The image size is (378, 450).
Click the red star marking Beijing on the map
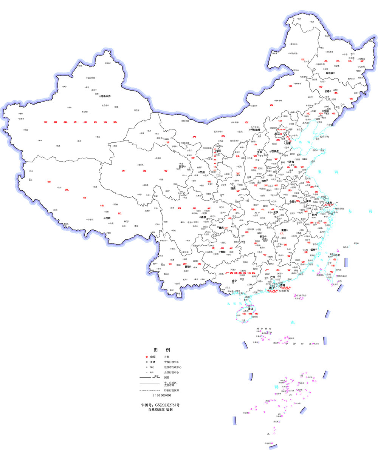281,133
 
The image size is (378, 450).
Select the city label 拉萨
108,218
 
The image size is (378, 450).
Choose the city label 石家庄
275,151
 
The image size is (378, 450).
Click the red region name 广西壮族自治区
240,273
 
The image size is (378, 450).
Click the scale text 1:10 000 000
162,395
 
